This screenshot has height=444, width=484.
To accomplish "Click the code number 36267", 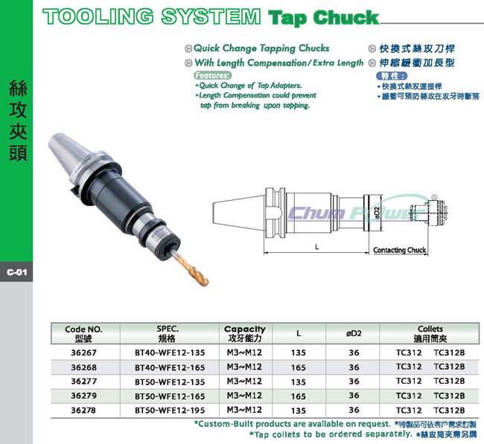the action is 83,353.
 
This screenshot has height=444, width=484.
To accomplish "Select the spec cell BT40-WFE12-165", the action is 170,367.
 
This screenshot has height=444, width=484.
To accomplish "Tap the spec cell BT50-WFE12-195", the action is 170,411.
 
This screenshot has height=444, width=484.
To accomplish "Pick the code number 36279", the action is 83,396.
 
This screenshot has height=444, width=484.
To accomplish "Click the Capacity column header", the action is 244,334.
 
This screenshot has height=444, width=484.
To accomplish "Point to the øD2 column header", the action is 354,333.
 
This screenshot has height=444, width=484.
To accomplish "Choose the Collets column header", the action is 430,334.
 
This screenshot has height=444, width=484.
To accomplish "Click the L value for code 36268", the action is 299,367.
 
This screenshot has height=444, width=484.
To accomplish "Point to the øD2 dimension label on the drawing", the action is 377,213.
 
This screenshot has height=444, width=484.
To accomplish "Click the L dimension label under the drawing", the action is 316,247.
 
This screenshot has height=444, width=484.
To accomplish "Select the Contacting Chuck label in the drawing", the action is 400,250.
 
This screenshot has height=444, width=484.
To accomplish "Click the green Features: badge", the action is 213,75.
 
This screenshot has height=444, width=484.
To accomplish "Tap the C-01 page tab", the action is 16,272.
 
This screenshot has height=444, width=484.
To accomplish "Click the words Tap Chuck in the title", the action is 323,18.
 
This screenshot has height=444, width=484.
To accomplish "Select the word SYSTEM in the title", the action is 211,16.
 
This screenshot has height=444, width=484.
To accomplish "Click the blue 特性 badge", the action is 392,76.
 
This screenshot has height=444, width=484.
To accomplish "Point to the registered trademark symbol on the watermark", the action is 434,196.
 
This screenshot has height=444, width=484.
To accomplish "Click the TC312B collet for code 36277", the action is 449,381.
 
